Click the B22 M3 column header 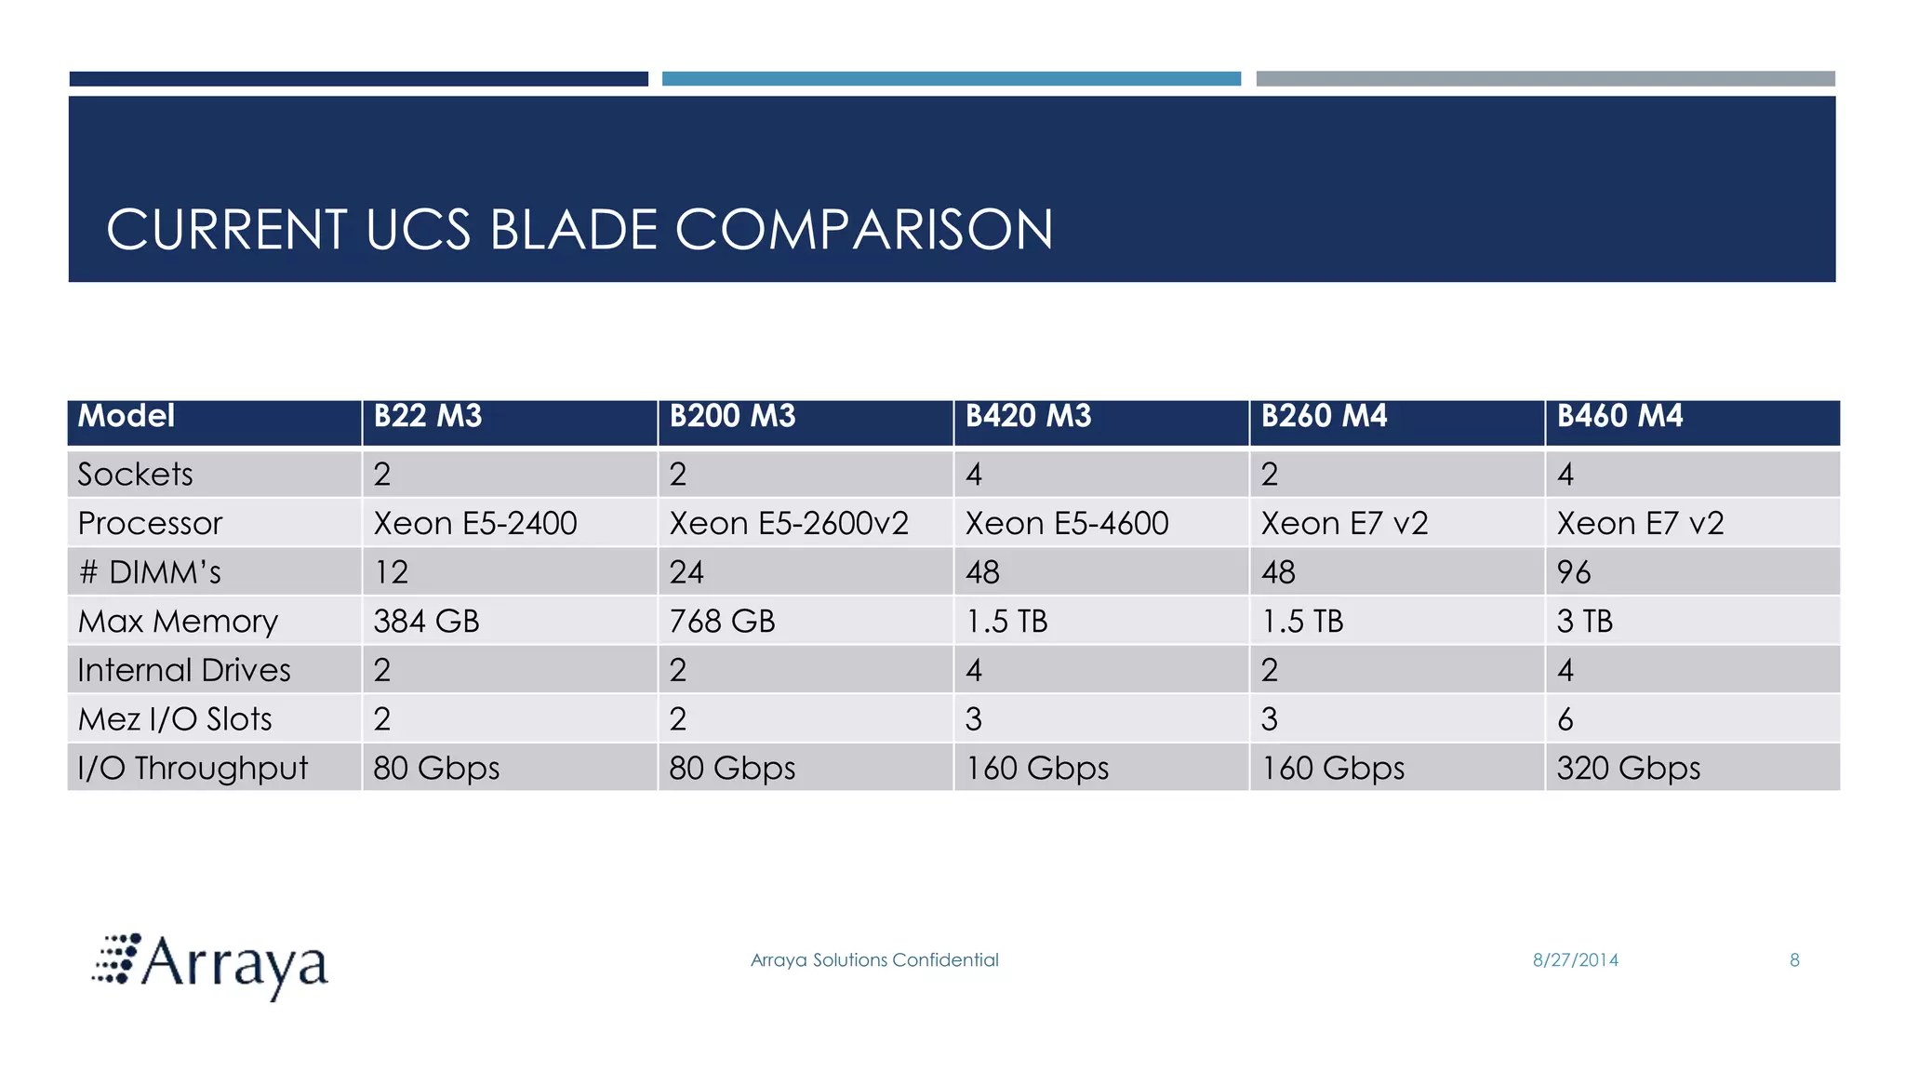click(x=428, y=416)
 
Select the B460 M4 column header click(x=1619, y=416)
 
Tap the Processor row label click(x=150, y=523)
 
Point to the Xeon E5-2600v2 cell click(x=788, y=523)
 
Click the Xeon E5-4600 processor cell click(x=1066, y=523)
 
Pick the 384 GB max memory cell click(x=426, y=621)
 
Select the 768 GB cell click(x=722, y=621)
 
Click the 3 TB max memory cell click(x=1584, y=621)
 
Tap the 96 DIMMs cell click(x=1574, y=572)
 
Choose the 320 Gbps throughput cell click(x=1628, y=768)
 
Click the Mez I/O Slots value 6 click(x=1565, y=719)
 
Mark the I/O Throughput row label click(x=193, y=768)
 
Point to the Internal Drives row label click(x=184, y=670)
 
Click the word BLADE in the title click(x=573, y=230)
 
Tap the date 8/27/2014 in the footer click(x=1575, y=960)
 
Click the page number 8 click(x=1794, y=960)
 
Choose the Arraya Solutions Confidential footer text click(x=874, y=960)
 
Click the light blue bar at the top click(x=951, y=79)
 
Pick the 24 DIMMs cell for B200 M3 click(x=686, y=572)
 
